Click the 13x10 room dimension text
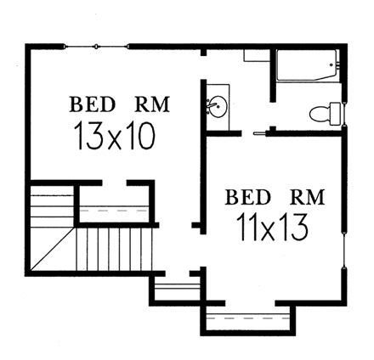pyautogui.click(x=114, y=136)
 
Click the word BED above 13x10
pyautogui.click(x=93, y=105)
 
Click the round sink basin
pyautogui.click(x=218, y=107)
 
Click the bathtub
pyautogui.click(x=306, y=66)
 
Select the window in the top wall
pyautogui.click(x=96, y=45)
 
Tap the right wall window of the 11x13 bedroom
pyautogui.click(x=343, y=250)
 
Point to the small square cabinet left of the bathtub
pyautogui.click(x=257, y=55)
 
